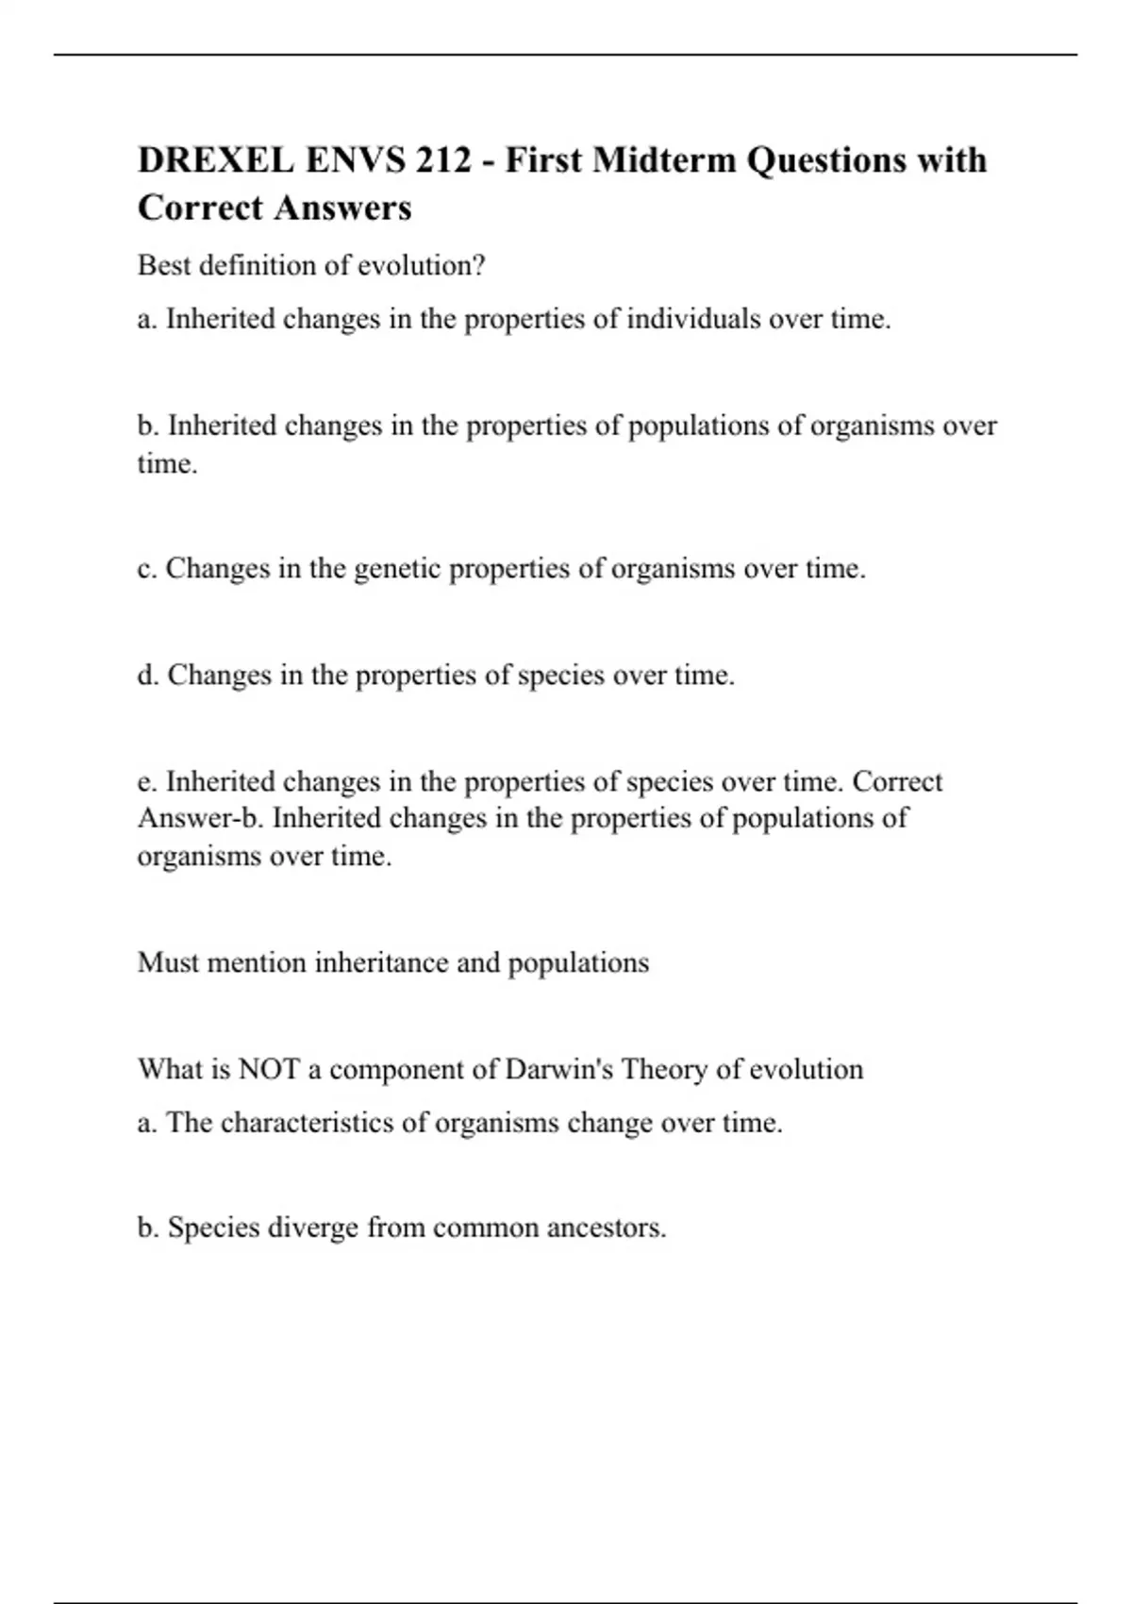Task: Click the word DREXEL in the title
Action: coord(215,160)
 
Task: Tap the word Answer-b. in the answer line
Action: coord(200,818)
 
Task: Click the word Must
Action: coord(168,962)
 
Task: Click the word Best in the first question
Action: coord(163,266)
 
